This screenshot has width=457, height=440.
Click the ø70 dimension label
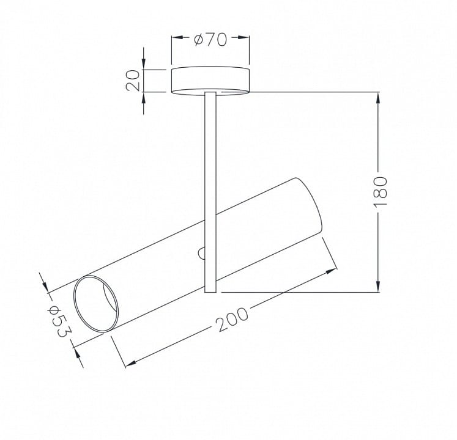coord(210,40)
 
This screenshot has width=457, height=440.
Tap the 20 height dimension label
coord(133,81)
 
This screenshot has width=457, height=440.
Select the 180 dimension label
coord(380,192)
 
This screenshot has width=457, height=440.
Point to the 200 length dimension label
coord(232,320)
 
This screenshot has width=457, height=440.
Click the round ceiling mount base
coord(210,81)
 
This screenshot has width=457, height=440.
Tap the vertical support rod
coord(210,192)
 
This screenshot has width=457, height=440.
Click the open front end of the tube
coord(96,304)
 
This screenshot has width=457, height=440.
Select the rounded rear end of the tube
coord(310,204)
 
